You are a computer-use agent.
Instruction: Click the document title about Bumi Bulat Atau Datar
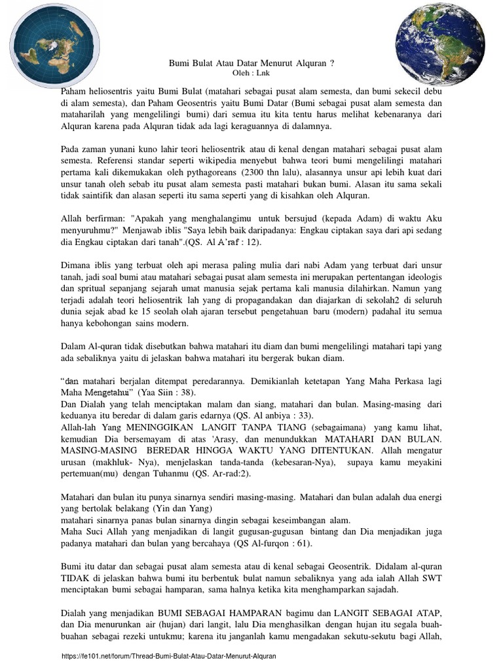coord(251,64)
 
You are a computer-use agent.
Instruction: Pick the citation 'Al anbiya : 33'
coord(276,415)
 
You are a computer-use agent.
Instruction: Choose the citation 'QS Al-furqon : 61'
coord(270,544)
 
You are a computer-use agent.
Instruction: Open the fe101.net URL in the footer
coord(168,656)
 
